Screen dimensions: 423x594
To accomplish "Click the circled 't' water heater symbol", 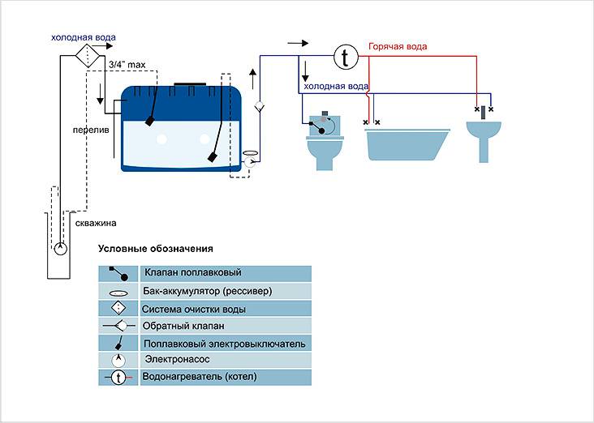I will click(x=346, y=57).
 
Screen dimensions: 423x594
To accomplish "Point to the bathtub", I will click(x=407, y=143).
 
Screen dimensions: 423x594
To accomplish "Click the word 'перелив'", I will click(x=84, y=129).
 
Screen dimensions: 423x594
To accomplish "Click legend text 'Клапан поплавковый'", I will click(x=192, y=273).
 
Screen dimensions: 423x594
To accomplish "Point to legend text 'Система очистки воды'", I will click(x=194, y=309).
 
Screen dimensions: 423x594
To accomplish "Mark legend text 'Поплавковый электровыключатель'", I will click(x=223, y=344).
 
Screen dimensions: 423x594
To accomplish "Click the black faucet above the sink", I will click(x=484, y=113).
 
